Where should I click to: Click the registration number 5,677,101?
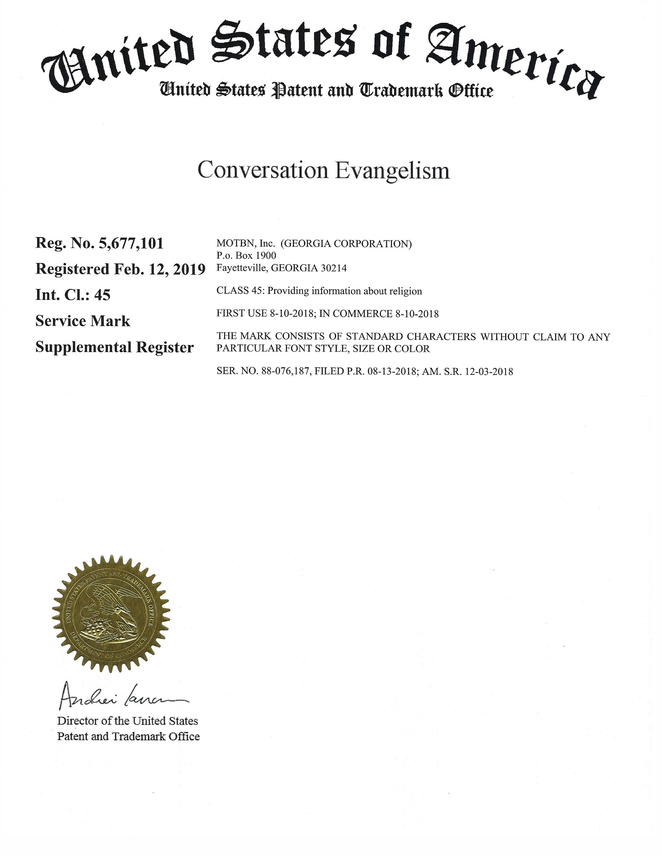click(131, 243)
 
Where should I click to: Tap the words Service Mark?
click(83, 321)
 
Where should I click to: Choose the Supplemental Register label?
click(114, 347)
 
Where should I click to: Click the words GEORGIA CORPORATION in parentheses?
click(346, 244)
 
